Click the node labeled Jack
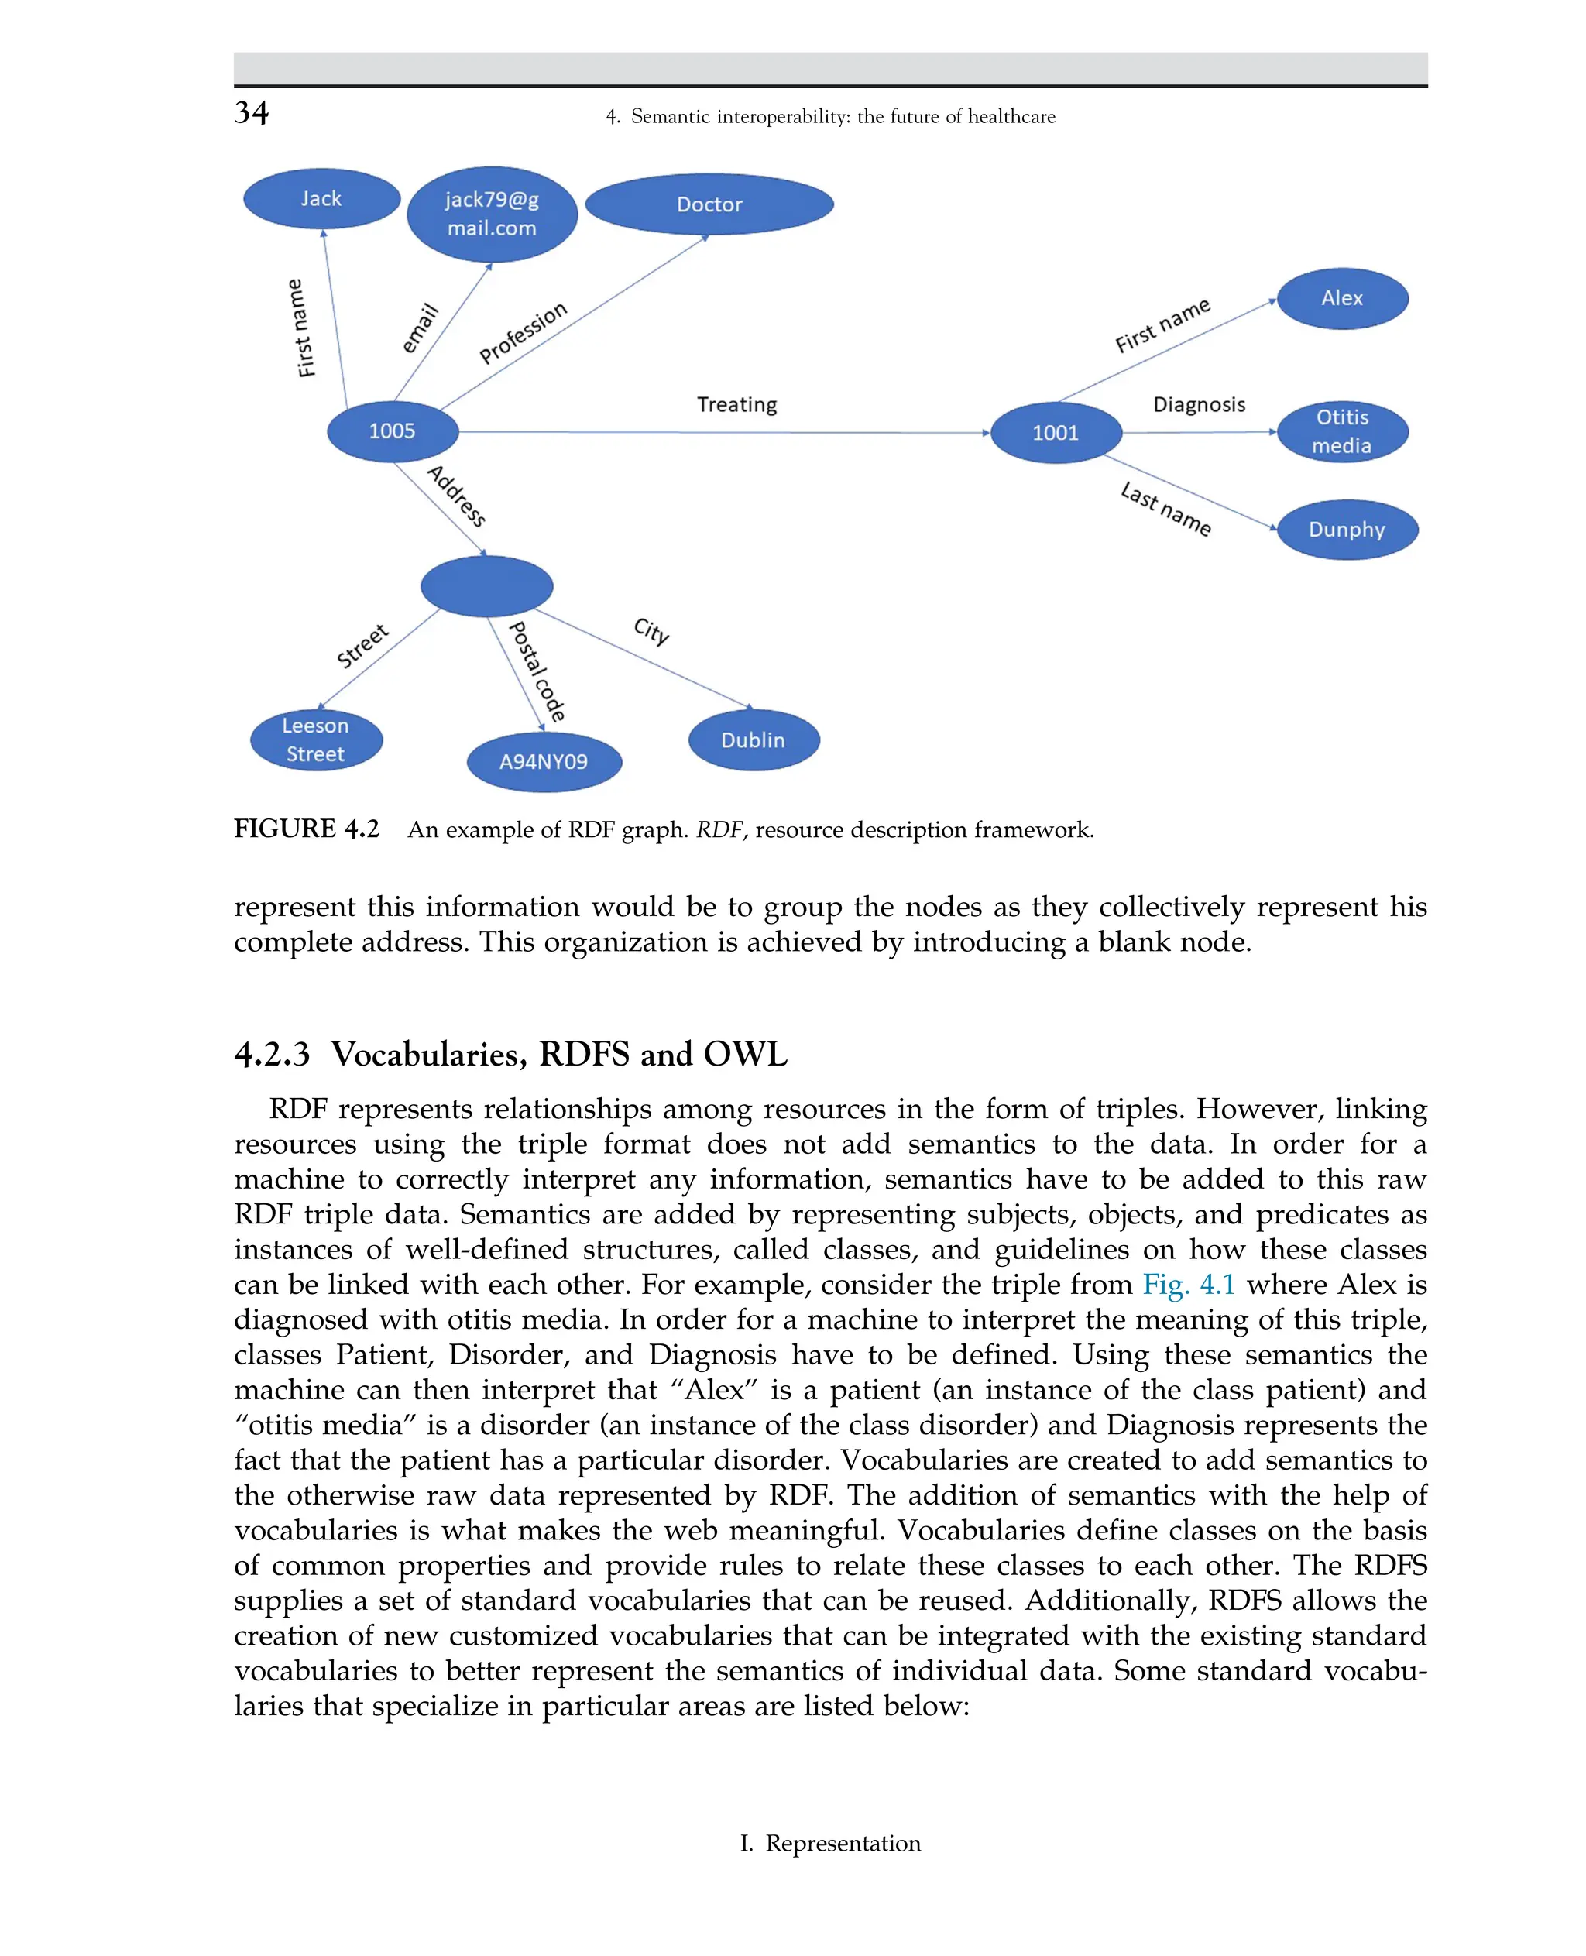321,198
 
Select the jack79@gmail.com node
492,214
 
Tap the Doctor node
709,204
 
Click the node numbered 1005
392,431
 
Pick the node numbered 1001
1056,432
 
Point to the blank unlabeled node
486,585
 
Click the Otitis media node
1341,431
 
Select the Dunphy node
1347,529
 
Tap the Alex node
1341,298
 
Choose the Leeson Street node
316,739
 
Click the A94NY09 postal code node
544,761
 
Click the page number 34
251,113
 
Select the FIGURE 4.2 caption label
306,829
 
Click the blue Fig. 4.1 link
1188,1285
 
